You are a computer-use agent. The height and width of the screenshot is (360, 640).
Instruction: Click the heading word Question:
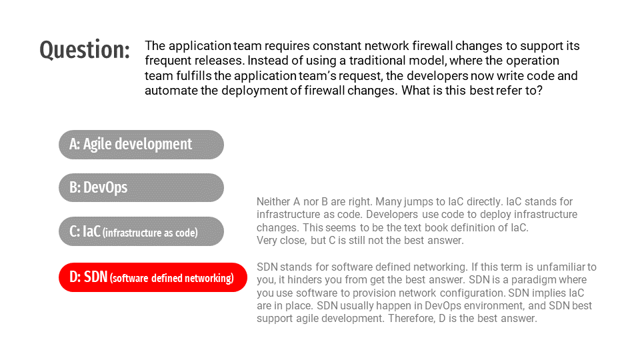pos(85,50)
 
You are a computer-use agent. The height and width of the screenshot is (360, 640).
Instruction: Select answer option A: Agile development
pos(141,145)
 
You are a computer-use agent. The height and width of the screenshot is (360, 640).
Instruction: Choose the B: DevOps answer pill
pos(141,188)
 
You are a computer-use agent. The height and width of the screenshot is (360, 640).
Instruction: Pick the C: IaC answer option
pos(141,231)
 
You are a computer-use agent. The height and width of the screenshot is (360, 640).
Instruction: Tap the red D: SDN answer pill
pos(153,277)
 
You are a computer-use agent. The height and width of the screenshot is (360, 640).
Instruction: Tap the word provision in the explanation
pos(331,293)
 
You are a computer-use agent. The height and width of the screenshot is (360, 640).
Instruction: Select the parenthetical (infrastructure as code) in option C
pos(150,233)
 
